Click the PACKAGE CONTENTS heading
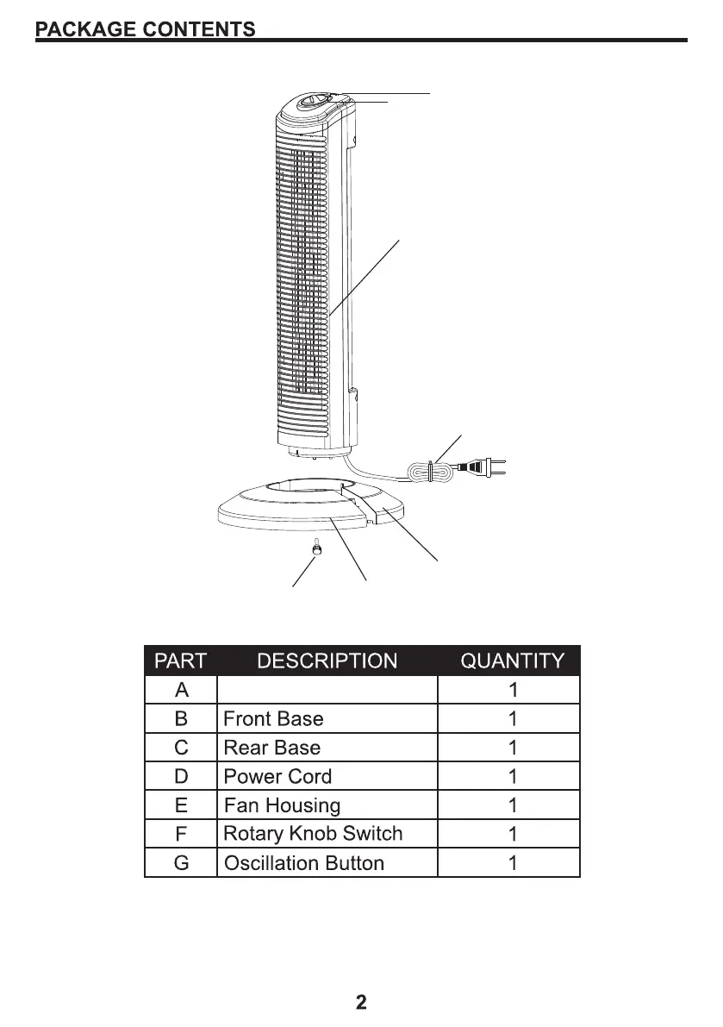pyautogui.click(x=146, y=29)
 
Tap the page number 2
pyautogui.click(x=361, y=1002)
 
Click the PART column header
pyautogui.click(x=180, y=661)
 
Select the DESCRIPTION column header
pyautogui.click(x=327, y=661)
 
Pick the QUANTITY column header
pyautogui.click(x=513, y=661)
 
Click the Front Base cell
pyautogui.click(x=274, y=719)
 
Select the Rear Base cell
pyautogui.click(x=272, y=748)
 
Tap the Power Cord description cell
pyautogui.click(x=277, y=777)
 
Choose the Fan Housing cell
pyautogui.click(x=283, y=806)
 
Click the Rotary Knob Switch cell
pyautogui.click(x=313, y=834)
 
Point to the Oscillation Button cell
pyautogui.click(x=304, y=863)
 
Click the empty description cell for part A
pyautogui.click(x=327, y=690)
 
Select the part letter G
pyautogui.click(x=181, y=863)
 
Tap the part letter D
pyautogui.click(x=181, y=777)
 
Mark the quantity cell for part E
pyautogui.click(x=513, y=806)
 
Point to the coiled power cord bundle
pyautogui.click(x=428, y=471)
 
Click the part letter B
pyautogui.click(x=181, y=719)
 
